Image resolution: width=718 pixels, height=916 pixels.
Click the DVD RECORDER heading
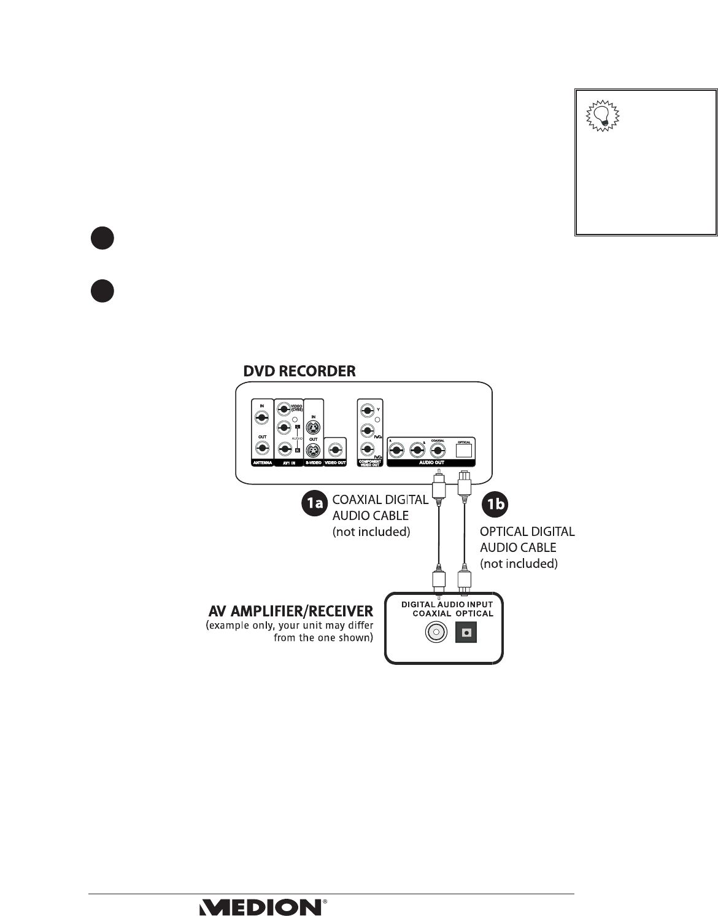(x=299, y=371)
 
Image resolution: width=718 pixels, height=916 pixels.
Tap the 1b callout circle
(x=495, y=503)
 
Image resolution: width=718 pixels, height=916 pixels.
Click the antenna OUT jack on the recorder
(x=262, y=449)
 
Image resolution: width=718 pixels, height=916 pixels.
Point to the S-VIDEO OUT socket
(x=313, y=450)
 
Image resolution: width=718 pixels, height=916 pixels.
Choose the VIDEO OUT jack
(x=335, y=449)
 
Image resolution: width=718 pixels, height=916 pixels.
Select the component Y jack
(x=367, y=409)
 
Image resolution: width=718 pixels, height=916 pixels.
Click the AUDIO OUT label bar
(x=431, y=462)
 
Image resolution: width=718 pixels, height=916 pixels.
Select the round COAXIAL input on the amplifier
(x=436, y=632)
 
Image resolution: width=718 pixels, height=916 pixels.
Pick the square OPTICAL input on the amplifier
(x=466, y=632)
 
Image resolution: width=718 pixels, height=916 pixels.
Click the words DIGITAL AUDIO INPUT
(x=447, y=605)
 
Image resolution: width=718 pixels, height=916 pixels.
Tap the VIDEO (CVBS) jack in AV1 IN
(x=284, y=409)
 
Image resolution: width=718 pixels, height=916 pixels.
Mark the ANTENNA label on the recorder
(x=262, y=462)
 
